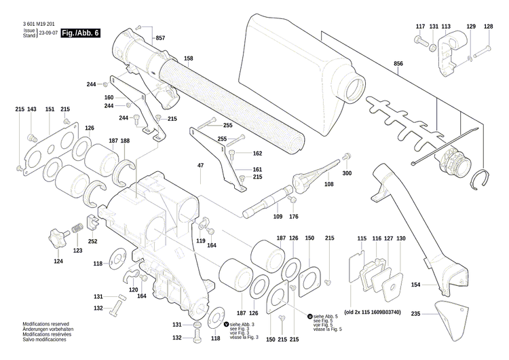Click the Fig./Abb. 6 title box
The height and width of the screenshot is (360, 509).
[x=79, y=33]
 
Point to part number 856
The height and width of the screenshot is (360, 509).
[x=398, y=64]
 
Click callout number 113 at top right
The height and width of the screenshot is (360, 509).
[x=446, y=26]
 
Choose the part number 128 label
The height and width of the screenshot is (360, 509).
[x=488, y=26]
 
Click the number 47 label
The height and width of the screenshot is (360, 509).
[x=201, y=166]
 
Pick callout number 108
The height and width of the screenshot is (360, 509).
[x=329, y=183]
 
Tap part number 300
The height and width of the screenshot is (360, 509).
[x=347, y=173]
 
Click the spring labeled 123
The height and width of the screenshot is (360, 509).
[x=78, y=226]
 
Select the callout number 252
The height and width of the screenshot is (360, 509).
[x=92, y=241]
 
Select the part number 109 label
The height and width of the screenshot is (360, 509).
[x=277, y=217]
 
